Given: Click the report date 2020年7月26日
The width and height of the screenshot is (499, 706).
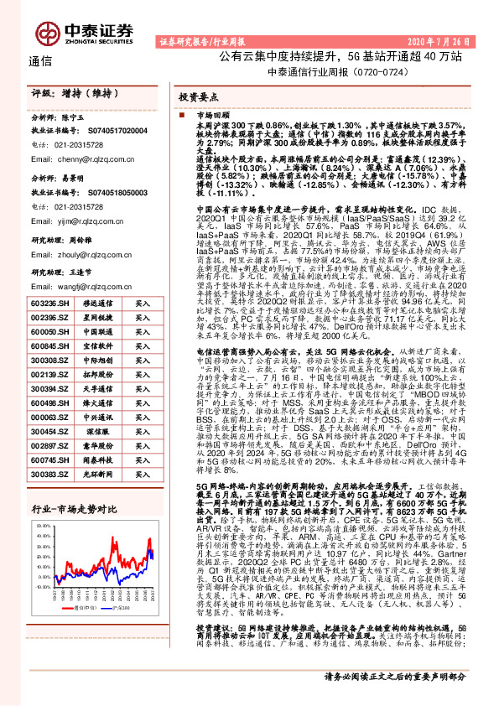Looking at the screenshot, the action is [431, 40].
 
